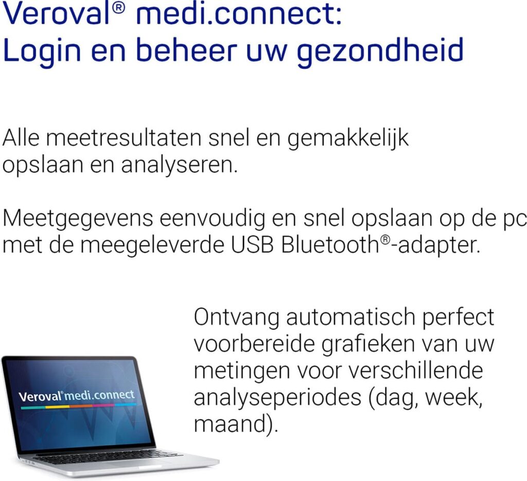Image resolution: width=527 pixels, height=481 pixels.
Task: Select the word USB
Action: (x=253, y=245)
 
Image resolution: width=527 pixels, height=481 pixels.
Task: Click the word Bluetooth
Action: (x=329, y=245)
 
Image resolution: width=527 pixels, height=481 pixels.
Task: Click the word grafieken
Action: (x=330, y=343)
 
